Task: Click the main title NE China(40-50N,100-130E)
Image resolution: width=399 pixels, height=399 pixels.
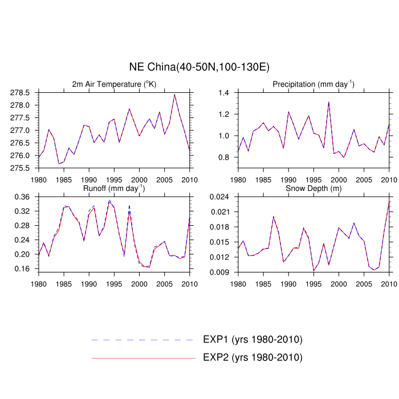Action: point(199,67)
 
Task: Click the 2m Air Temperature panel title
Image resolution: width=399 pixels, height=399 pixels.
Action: point(114,84)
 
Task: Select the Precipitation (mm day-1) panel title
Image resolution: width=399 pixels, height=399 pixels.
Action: point(313,84)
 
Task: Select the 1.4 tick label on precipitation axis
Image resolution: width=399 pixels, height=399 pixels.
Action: point(223,93)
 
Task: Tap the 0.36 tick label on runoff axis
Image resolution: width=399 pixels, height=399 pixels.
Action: point(25,197)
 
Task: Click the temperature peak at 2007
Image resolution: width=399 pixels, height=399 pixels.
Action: point(174,95)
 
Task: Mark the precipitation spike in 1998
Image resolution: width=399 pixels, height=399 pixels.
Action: point(329,102)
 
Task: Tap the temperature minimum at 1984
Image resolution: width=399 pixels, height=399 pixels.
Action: point(59,164)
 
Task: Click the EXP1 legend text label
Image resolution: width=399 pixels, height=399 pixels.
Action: point(253,340)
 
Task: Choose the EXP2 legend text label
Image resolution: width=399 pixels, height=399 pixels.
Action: point(253,358)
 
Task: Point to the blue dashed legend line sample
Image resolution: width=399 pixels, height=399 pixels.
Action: point(143,340)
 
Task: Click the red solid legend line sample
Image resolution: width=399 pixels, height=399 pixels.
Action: point(143,358)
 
